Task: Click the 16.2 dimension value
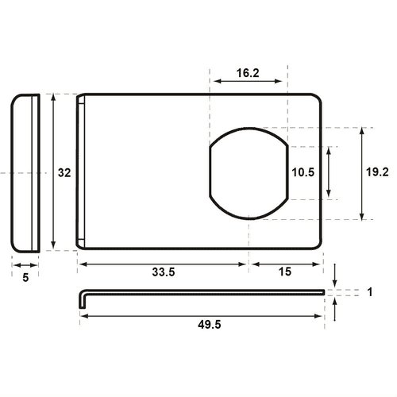(248, 72)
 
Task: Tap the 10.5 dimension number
(303, 172)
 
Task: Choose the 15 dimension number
(284, 272)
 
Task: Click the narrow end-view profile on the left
(26, 172)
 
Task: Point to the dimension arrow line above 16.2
(248, 81)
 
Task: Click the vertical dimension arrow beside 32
(53, 172)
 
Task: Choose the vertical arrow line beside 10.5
(329, 172)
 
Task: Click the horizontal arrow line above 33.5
(163, 263)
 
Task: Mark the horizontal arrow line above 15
(284, 263)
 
